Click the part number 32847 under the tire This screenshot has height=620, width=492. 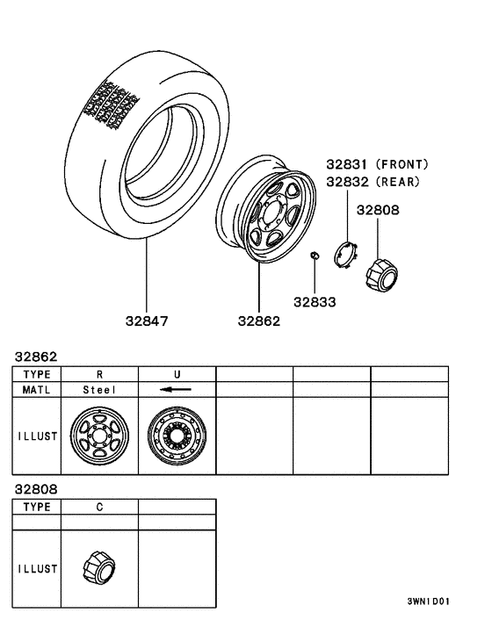tap(146, 321)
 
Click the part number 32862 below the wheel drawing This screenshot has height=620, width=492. tap(258, 321)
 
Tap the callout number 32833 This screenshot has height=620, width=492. tap(315, 301)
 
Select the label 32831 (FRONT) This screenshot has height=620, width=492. tap(377, 164)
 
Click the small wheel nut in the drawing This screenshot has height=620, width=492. tap(313, 256)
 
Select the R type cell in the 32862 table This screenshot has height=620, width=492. tap(99, 373)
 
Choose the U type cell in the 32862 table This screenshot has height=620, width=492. tap(177, 373)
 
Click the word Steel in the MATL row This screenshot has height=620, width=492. tap(99, 388)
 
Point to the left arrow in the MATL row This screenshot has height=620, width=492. tap(177, 388)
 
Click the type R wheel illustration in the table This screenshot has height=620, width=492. tap(99, 436)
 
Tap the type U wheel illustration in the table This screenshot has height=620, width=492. tap(177, 436)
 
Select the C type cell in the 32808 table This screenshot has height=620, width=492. tap(99, 507)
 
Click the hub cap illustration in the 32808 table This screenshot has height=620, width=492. tap(98, 568)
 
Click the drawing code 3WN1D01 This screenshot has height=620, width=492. tap(428, 602)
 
